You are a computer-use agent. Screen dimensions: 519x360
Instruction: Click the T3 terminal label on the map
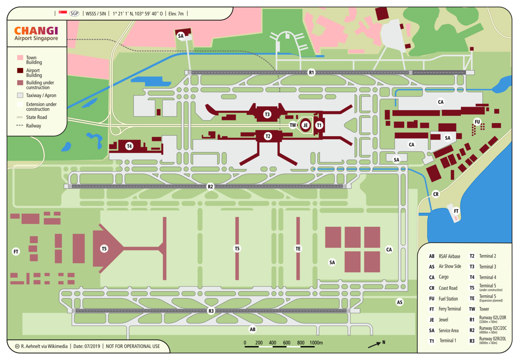[267, 114]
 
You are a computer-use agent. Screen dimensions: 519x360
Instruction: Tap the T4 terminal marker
[129, 146]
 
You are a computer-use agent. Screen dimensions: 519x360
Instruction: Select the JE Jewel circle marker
[305, 125]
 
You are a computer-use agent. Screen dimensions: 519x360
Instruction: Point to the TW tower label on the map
[293, 125]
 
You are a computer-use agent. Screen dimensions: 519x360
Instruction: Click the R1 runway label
[311, 73]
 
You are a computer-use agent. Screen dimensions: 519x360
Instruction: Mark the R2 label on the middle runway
[210, 186]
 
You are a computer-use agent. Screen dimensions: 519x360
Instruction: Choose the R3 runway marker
[211, 311]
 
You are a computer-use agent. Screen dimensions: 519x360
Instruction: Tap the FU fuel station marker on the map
[477, 122]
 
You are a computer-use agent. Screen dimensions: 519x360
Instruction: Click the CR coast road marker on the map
[435, 194]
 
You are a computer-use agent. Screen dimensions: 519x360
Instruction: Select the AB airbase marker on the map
[253, 329]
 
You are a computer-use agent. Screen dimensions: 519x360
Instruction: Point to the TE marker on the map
[298, 249]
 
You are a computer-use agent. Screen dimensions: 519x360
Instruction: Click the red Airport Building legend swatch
[20, 71]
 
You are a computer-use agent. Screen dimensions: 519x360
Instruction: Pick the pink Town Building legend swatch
[20, 58]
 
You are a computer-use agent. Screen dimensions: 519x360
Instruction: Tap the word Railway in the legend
[34, 126]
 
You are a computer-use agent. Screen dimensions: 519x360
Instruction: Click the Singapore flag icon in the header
[63, 12]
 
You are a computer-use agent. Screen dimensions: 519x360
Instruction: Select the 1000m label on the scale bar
[316, 343]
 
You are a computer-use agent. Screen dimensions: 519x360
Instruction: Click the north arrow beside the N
[374, 345]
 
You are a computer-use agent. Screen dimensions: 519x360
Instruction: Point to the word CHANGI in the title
[36, 31]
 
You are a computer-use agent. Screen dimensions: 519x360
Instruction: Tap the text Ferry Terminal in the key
[450, 309]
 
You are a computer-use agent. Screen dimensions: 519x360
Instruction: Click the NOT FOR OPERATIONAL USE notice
[133, 346]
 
